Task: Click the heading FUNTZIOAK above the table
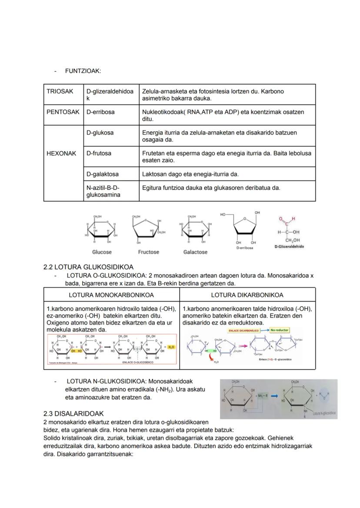(83, 71)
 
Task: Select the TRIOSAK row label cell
(60, 92)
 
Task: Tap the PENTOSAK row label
(63, 112)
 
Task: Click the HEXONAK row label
(61, 153)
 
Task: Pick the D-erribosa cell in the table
(100, 112)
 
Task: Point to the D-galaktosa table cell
(102, 174)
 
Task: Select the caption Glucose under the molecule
(102, 252)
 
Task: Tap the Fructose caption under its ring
(149, 252)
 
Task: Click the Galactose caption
(195, 252)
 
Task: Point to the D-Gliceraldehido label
(289, 246)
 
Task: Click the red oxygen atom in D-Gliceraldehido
(281, 219)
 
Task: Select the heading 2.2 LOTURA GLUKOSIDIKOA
(88, 267)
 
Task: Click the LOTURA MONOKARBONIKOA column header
(111, 295)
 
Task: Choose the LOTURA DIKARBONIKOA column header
(247, 295)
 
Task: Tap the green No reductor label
(279, 330)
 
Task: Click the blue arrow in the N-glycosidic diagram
(274, 396)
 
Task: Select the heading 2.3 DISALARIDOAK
(73, 413)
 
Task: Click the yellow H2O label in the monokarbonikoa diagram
(170, 347)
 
